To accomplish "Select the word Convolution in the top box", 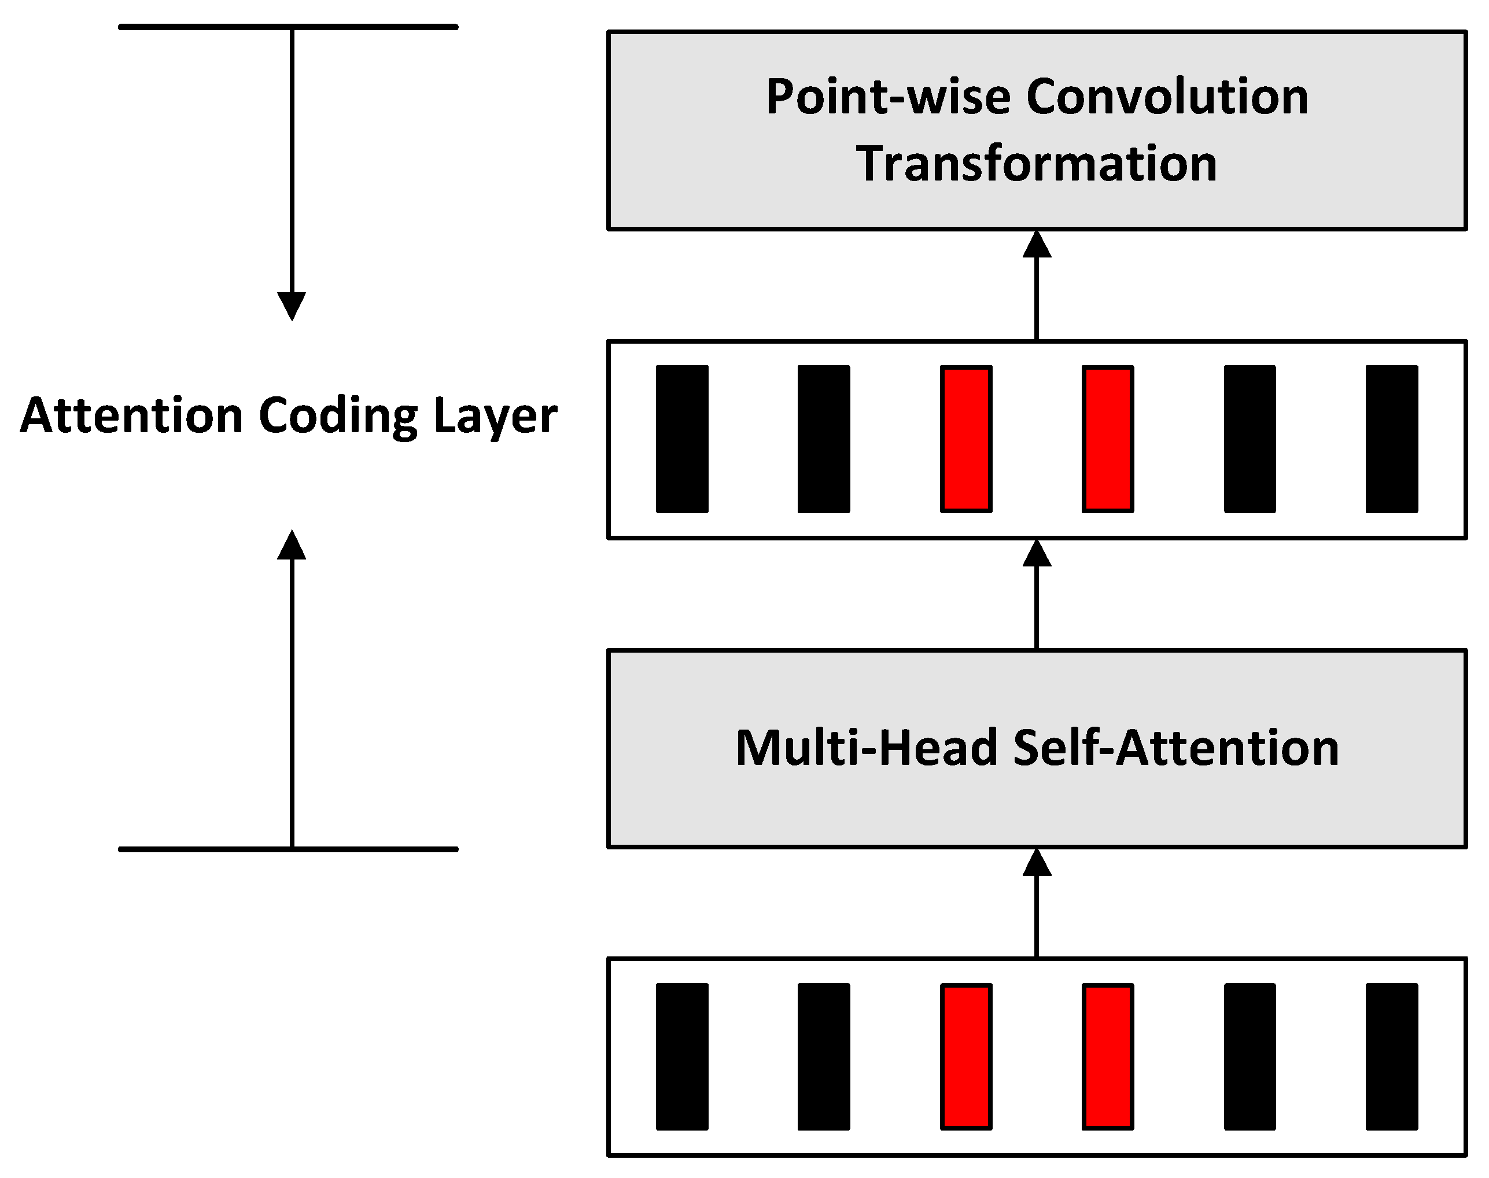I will point(1167,97).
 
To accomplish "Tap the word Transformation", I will point(1037,164).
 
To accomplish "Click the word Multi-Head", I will point(866,748).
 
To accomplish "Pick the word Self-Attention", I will point(1176,748).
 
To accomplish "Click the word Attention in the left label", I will point(131,416).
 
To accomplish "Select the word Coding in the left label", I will point(338,416).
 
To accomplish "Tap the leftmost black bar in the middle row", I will point(681,439).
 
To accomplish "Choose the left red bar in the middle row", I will point(965,439).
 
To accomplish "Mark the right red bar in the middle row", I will point(1108,439).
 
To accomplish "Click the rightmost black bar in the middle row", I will point(1391,439).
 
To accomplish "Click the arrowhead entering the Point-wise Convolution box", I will point(1037,245).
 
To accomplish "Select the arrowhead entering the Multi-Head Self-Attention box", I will point(1037,863).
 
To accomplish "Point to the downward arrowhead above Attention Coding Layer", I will point(292,305).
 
